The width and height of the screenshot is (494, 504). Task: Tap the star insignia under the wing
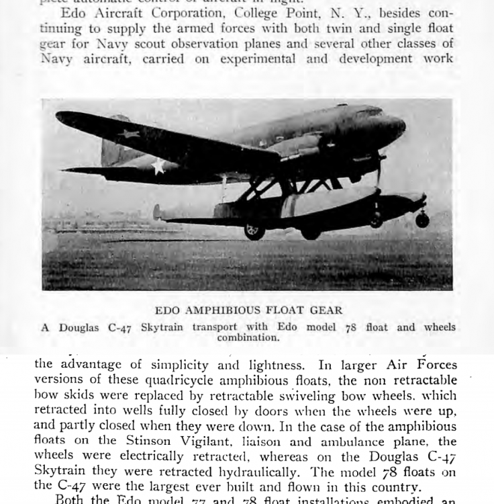158,166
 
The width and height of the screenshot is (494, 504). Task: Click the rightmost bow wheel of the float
422,219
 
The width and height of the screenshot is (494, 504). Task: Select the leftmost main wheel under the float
254,231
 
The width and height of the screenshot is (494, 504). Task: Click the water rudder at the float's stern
158,212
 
